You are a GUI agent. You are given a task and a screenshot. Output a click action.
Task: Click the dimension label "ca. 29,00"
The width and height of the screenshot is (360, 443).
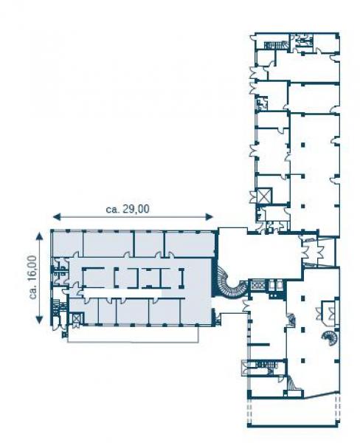coord(128,209)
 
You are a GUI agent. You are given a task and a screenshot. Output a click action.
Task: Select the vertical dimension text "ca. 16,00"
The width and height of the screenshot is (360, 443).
coord(33,277)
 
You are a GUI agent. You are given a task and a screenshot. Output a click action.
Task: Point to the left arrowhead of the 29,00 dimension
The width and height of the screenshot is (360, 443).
coord(57,217)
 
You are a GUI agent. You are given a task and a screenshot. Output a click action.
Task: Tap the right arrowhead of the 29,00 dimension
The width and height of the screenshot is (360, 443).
coord(210,217)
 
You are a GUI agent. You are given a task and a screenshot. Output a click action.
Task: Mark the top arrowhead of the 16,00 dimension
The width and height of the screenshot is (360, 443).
coord(40,236)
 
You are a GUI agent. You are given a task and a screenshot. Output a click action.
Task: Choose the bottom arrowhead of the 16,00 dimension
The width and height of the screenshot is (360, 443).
coord(40,320)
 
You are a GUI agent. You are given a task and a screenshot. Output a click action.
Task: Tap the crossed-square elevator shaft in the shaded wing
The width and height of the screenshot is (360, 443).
coord(77,320)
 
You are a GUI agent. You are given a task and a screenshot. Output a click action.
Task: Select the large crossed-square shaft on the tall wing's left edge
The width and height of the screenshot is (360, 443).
coord(264,196)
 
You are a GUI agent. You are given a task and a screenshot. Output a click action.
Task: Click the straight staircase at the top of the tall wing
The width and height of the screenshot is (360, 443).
coord(275,45)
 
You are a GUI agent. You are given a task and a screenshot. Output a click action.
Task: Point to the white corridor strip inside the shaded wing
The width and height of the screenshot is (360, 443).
coord(122,293)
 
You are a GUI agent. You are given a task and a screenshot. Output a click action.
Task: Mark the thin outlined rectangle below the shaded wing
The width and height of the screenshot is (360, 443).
coord(133,334)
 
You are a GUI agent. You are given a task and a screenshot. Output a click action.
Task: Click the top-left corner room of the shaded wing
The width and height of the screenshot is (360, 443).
coord(67,244)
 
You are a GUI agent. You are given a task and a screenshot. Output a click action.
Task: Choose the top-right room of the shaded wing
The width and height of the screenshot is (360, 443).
coord(190,244)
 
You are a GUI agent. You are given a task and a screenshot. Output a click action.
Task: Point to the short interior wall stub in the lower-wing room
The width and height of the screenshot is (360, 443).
coord(259,344)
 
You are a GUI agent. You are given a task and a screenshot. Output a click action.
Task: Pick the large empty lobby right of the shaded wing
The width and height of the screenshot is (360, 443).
coord(258,254)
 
